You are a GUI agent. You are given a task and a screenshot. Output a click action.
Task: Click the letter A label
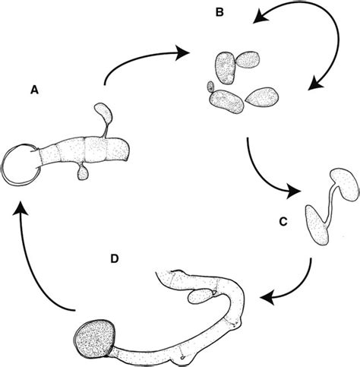click(33, 90)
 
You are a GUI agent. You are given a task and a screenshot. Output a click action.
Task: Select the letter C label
click(281, 223)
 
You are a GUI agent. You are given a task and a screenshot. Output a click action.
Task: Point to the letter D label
click(114, 259)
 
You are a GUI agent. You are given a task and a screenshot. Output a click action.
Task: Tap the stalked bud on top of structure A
click(105, 115)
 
